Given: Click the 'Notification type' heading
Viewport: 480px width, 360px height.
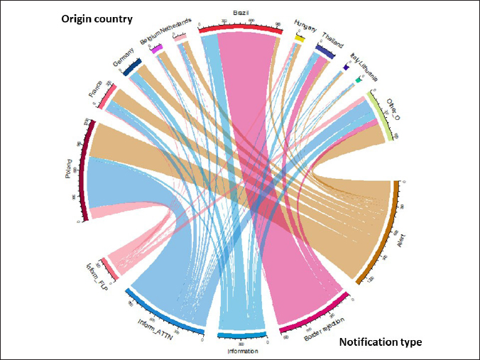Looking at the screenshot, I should click(381, 342).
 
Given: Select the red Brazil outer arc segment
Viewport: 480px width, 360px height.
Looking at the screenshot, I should click(236, 28).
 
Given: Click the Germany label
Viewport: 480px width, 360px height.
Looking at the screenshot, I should click(123, 65).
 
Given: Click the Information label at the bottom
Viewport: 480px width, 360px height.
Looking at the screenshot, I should click(241, 350).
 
